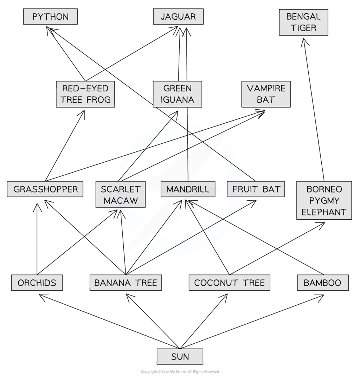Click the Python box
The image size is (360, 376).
click(50, 17)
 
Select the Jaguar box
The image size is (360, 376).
click(178, 17)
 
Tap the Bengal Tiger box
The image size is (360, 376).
click(303, 22)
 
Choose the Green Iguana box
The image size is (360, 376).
click(178, 94)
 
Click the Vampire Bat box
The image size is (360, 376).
click(266, 94)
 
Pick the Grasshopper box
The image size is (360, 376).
click(45, 189)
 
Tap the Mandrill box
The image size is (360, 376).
click(188, 189)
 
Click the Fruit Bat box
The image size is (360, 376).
click(256, 189)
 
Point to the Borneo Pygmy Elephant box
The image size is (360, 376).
click(324, 200)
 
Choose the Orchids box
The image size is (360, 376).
click(37, 283)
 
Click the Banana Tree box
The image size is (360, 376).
click(126, 283)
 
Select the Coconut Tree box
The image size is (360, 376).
click(229, 283)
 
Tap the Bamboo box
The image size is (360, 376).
click(323, 283)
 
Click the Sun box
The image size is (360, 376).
click(180, 357)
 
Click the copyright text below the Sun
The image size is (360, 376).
click(180, 372)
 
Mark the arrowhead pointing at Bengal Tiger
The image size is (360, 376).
click(304, 42)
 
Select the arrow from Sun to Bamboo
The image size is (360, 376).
click(260, 322)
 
